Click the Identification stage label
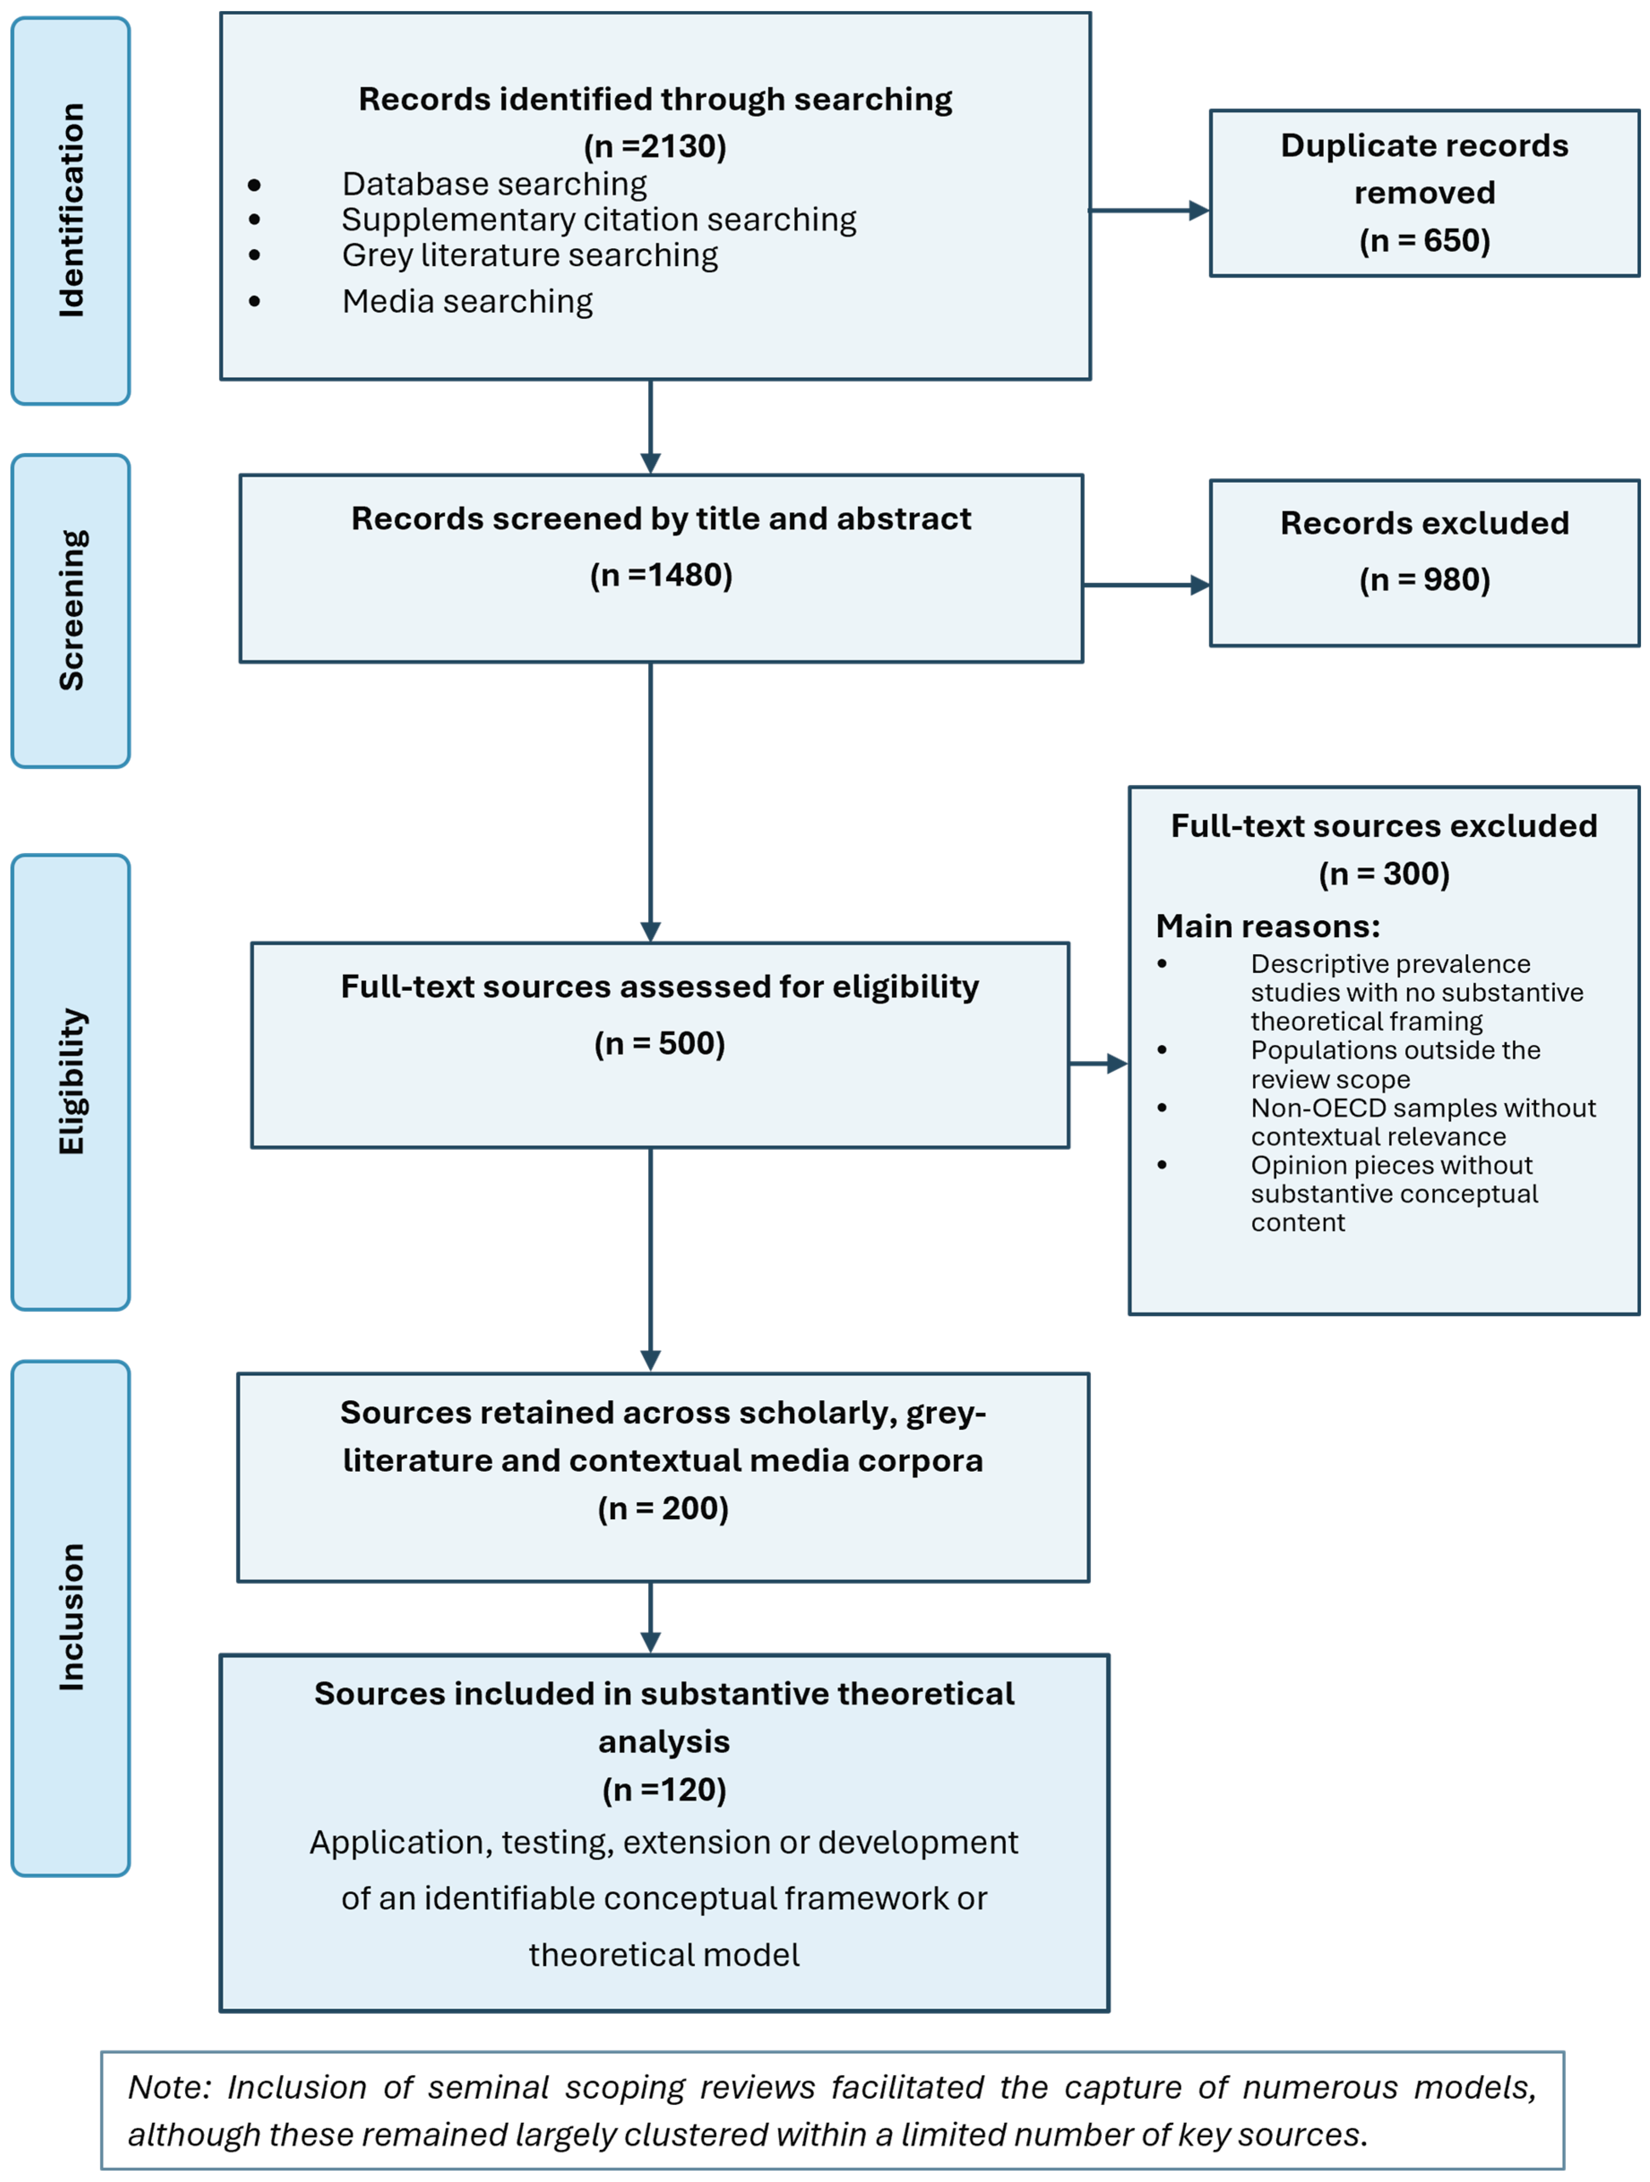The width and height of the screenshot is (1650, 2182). pyautogui.click(x=71, y=210)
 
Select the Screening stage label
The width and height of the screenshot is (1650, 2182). pyautogui.click(x=71, y=609)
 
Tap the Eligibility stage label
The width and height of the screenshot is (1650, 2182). pyautogui.click(x=71, y=1081)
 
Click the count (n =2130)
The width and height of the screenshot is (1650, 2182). pyautogui.click(x=655, y=146)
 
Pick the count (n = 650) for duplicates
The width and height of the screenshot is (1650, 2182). pyautogui.click(x=1424, y=240)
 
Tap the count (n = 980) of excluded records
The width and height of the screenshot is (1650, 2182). pyautogui.click(x=1424, y=579)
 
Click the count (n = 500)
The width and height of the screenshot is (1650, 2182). pyautogui.click(x=659, y=1043)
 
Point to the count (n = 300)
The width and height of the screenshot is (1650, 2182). pyautogui.click(x=1384, y=873)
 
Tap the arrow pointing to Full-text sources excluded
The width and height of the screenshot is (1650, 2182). pyautogui.click(x=1098, y=1063)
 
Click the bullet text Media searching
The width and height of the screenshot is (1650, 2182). pyautogui.click(x=467, y=301)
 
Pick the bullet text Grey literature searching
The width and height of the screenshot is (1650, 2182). pyautogui.click(x=530, y=254)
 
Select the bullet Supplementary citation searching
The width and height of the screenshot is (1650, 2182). pyautogui.click(x=599, y=219)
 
